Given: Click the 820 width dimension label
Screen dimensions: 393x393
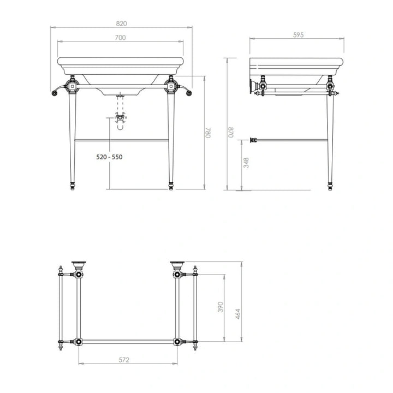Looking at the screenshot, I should pyautogui.click(x=122, y=23).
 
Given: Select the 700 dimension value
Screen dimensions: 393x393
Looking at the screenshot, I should pyautogui.click(x=121, y=37).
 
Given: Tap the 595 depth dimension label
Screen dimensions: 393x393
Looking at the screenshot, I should pyautogui.click(x=298, y=34).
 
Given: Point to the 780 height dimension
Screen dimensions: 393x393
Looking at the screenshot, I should pyautogui.click(x=208, y=132).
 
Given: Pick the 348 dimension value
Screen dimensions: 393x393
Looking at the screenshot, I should pyautogui.click(x=246, y=163).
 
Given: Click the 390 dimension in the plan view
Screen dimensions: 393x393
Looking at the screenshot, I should pyautogui.click(x=221, y=307).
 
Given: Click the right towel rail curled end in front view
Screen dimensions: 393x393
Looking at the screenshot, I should pyautogui.click(x=188, y=92).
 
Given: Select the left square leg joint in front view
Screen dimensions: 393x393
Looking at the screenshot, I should pyautogui.click(x=71, y=86).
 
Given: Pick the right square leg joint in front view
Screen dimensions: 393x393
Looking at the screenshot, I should pyautogui.click(x=171, y=86).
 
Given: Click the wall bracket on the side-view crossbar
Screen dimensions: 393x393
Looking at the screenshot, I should pyautogui.click(x=253, y=140).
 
